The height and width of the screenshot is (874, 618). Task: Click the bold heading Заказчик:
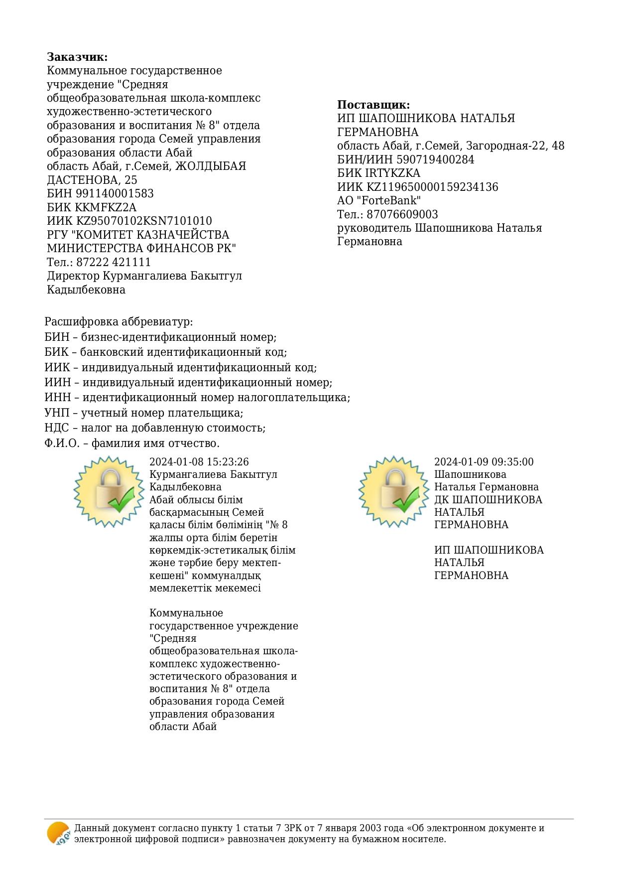click(x=77, y=57)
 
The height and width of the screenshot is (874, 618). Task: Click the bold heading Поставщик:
click(x=373, y=105)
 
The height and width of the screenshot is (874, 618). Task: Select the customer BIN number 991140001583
click(x=115, y=193)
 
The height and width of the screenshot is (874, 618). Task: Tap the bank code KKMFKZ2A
click(x=106, y=207)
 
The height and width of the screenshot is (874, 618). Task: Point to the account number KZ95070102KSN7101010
click(x=144, y=221)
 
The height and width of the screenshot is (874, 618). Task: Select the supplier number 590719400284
click(x=435, y=159)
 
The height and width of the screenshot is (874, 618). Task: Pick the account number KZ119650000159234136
click(x=432, y=187)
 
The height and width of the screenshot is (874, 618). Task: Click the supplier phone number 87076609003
click(x=402, y=214)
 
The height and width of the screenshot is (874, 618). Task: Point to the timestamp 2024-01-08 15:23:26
click(x=199, y=462)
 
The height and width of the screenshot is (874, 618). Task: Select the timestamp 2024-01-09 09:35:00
click(x=484, y=462)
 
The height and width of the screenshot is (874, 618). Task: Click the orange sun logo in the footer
click(x=58, y=833)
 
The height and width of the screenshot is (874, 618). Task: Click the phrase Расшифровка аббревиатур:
click(x=119, y=322)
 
